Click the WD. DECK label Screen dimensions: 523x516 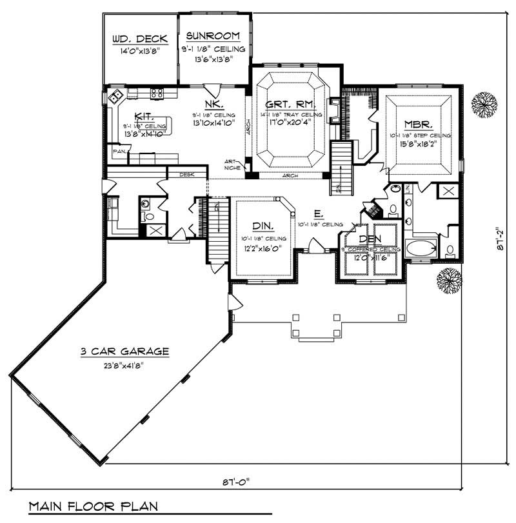point(139,39)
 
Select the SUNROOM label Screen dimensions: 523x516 point(213,36)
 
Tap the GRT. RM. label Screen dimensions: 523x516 point(290,103)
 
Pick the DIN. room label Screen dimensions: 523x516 point(263,226)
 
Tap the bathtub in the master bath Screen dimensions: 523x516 point(421,248)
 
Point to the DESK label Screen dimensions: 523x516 point(187,174)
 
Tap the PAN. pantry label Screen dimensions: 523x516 point(119,152)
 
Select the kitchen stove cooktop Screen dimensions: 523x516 point(157,94)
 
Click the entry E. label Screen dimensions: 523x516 point(318,213)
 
